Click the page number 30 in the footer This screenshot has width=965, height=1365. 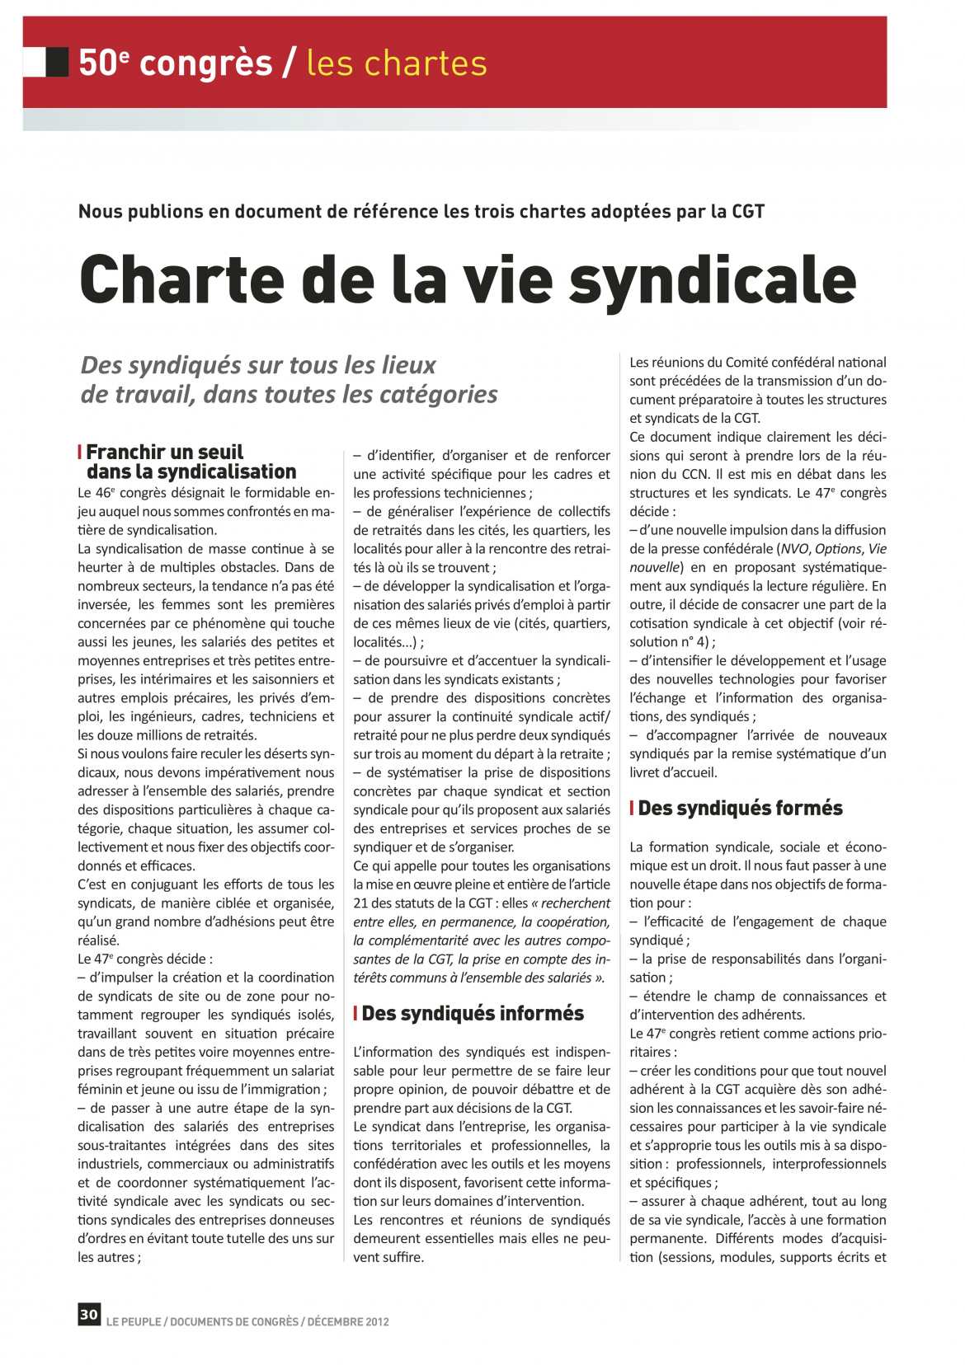click(x=88, y=1314)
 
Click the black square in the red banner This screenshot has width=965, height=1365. click(x=57, y=62)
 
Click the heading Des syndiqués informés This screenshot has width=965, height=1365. click(x=472, y=1013)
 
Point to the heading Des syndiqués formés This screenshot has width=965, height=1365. click(x=740, y=808)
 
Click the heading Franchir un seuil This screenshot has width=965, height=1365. click(x=165, y=452)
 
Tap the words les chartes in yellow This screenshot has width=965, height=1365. click(x=396, y=63)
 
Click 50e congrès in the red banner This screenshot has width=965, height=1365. click(x=175, y=63)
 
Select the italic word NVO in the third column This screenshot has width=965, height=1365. click(x=794, y=549)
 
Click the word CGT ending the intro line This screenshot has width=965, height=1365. click(x=747, y=212)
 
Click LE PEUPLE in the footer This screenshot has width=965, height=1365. click(x=133, y=1321)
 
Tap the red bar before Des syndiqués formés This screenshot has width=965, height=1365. click(x=632, y=808)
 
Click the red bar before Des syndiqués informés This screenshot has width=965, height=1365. click(x=355, y=1013)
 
